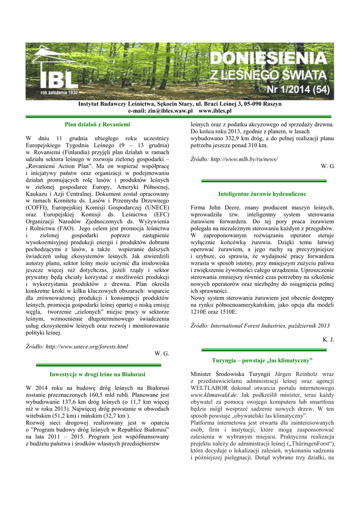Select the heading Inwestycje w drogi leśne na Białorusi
pyautogui.click(x=98, y=373)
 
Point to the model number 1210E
pyautogui.click(x=200, y=312)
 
